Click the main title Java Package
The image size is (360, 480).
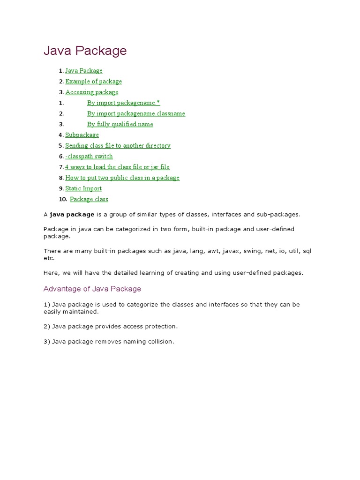tap(85, 51)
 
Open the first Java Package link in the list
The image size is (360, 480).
tap(83, 71)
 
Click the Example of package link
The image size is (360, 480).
tap(93, 82)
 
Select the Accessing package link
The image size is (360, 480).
tap(91, 92)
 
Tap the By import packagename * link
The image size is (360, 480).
tap(123, 103)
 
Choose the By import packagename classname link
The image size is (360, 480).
tap(136, 113)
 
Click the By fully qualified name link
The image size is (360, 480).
tap(120, 124)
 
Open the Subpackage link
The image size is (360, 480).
tap(82, 135)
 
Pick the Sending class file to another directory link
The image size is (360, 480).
tap(118, 146)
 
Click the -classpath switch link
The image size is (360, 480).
tap(89, 157)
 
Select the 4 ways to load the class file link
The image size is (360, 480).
tap(117, 167)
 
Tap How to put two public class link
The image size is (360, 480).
tap(122, 178)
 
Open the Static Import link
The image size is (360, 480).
tap(83, 188)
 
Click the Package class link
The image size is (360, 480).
tap(89, 199)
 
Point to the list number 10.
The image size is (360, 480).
tap(63, 199)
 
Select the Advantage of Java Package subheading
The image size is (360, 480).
tap(92, 289)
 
